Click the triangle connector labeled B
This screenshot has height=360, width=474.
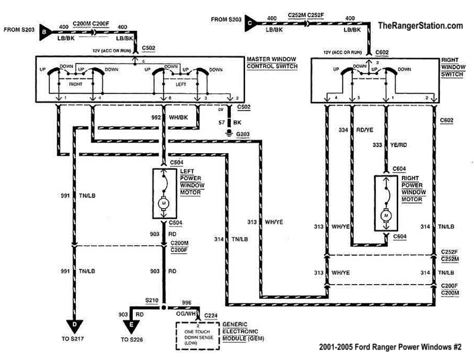(x=44, y=29)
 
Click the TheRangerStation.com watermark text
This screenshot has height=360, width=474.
(x=420, y=26)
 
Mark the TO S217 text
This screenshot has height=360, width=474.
(x=73, y=340)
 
